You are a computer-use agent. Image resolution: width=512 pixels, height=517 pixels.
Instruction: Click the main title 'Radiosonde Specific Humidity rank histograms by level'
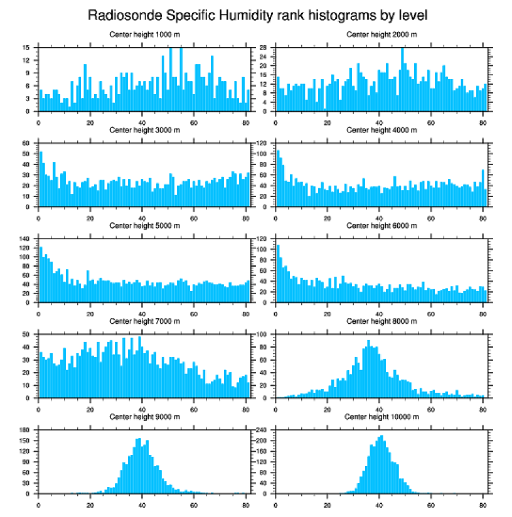(257, 14)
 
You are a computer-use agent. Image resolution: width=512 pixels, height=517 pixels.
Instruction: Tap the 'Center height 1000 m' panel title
(144, 34)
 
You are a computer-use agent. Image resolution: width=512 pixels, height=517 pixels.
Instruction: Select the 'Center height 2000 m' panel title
(381, 34)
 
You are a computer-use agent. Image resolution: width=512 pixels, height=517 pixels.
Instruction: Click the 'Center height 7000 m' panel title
(144, 321)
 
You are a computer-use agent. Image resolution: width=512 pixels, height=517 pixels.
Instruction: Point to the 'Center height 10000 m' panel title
(381, 417)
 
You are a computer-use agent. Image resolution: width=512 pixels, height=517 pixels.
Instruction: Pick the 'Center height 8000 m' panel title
(381, 321)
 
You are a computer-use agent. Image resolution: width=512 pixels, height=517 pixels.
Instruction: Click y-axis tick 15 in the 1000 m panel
(26, 48)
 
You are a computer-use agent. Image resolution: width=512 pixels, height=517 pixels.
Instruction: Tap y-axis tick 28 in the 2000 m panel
(265, 48)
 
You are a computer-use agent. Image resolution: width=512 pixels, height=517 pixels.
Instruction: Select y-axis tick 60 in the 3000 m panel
(26, 144)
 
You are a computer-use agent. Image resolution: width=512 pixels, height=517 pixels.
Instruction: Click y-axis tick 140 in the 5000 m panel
(25, 239)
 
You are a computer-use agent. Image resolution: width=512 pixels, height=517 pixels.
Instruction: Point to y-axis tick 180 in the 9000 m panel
(25, 430)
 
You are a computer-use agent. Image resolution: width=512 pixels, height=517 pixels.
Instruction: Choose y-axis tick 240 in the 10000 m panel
(264, 430)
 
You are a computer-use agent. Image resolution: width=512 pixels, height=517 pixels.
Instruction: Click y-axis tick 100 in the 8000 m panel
(264, 334)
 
